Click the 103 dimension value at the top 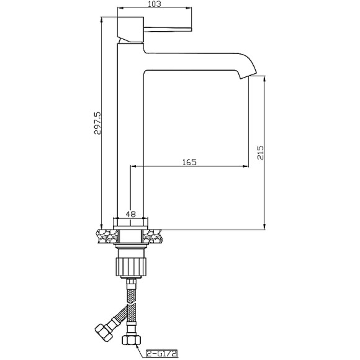155,4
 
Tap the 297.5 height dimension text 97,123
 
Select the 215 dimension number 260,153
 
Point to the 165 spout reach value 189,162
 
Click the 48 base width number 130,214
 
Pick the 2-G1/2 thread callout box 162,353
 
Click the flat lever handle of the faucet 168,29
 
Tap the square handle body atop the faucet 130,30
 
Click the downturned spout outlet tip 248,75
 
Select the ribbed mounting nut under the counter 131,266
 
